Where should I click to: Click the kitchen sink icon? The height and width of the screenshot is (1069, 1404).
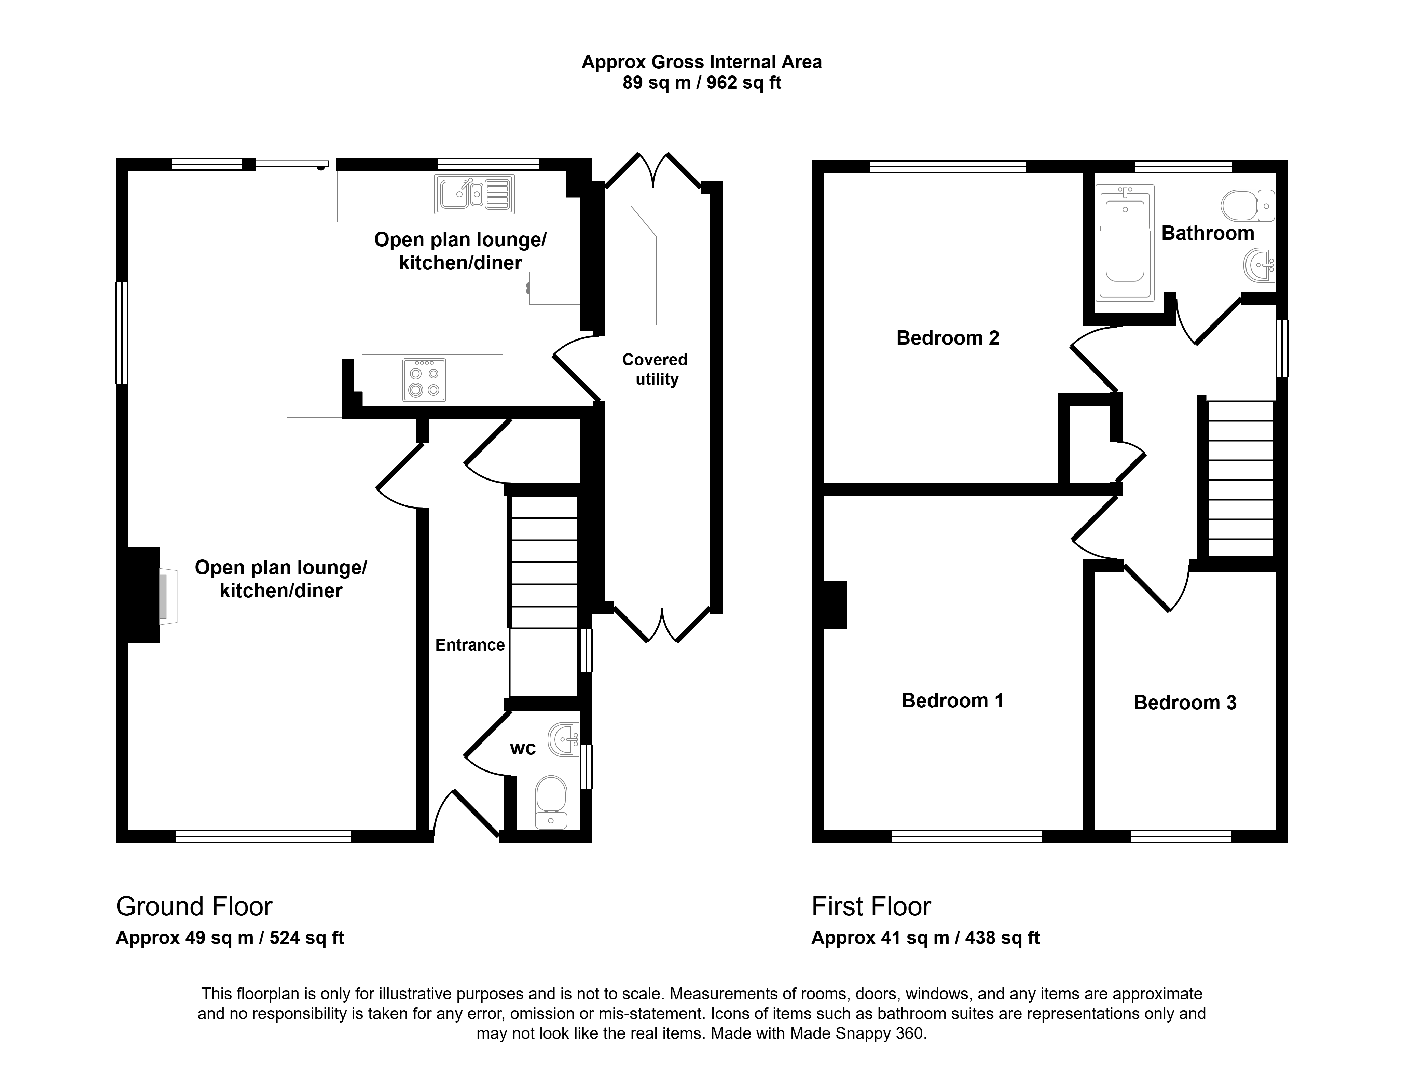point(474,194)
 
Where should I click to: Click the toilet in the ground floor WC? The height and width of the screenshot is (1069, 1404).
point(551,802)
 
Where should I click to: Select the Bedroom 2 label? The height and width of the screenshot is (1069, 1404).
point(948,338)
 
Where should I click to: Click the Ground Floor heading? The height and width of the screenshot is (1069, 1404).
point(194,906)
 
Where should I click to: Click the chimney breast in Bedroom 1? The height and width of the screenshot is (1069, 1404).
point(835,605)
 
